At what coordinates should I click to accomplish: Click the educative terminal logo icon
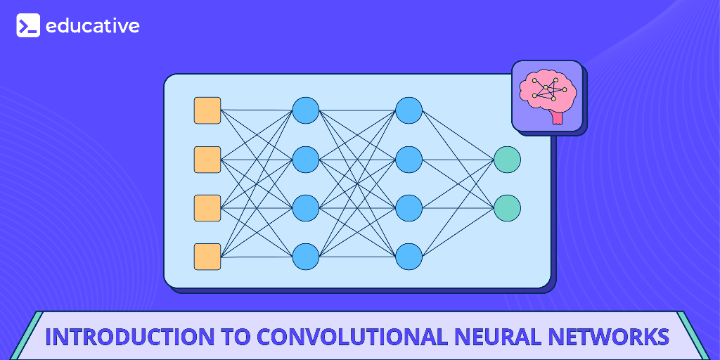pyautogui.click(x=28, y=26)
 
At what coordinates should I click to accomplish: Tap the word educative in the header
pyautogui.click(x=92, y=26)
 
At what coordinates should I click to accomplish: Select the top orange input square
pyautogui.click(x=207, y=110)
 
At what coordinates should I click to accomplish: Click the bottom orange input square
pyautogui.click(x=207, y=257)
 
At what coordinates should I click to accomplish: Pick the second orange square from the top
pyautogui.click(x=207, y=160)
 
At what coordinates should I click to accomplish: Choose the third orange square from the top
pyautogui.click(x=207, y=208)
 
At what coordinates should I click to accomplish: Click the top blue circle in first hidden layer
pyautogui.click(x=306, y=110)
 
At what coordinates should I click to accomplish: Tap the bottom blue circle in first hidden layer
pyautogui.click(x=306, y=257)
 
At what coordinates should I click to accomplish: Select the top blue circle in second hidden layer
pyautogui.click(x=409, y=110)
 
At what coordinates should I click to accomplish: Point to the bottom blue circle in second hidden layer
pyautogui.click(x=409, y=257)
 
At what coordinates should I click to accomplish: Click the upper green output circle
pyautogui.click(x=507, y=160)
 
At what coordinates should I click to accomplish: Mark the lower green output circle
pyautogui.click(x=507, y=208)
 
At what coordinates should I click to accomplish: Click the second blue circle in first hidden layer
pyautogui.click(x=306, y=160)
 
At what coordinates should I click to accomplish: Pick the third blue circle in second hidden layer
pyautogui.click(x=409, y=208)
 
